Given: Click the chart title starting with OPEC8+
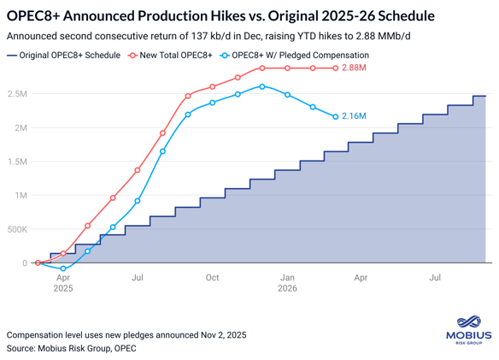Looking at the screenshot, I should (220, 16).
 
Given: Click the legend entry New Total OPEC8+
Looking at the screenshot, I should (176, 55).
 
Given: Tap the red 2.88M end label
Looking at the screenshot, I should (355, 68).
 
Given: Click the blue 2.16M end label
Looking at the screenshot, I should (354, 116).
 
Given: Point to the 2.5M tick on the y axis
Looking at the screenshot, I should (16, 94).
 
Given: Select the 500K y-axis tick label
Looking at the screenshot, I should (15, 229).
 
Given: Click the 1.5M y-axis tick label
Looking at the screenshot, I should (16, 162).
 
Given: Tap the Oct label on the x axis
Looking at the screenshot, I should (212, 278).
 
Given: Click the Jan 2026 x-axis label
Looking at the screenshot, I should (288, 283).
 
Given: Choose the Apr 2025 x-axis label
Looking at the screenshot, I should (63, 283).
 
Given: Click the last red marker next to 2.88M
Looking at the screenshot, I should (337, 68).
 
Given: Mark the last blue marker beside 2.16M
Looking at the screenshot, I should (336, 116).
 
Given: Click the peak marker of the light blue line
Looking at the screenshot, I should (262, 86).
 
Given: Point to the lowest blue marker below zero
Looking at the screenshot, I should (63, 269).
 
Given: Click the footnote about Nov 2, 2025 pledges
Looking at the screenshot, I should (126, 335).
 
